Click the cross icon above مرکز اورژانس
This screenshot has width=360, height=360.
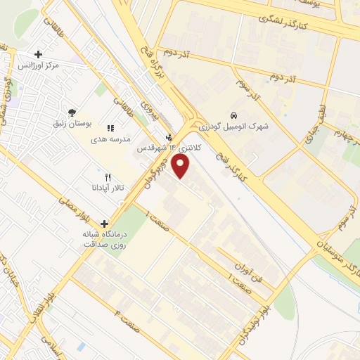tap(38, 53)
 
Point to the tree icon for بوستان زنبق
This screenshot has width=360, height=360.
tap(71, 112)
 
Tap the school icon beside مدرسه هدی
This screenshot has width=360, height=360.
tap(110, 128)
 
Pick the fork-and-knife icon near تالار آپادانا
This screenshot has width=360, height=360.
tap(107, 178)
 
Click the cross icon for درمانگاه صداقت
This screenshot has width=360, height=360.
tap(104, 224)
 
